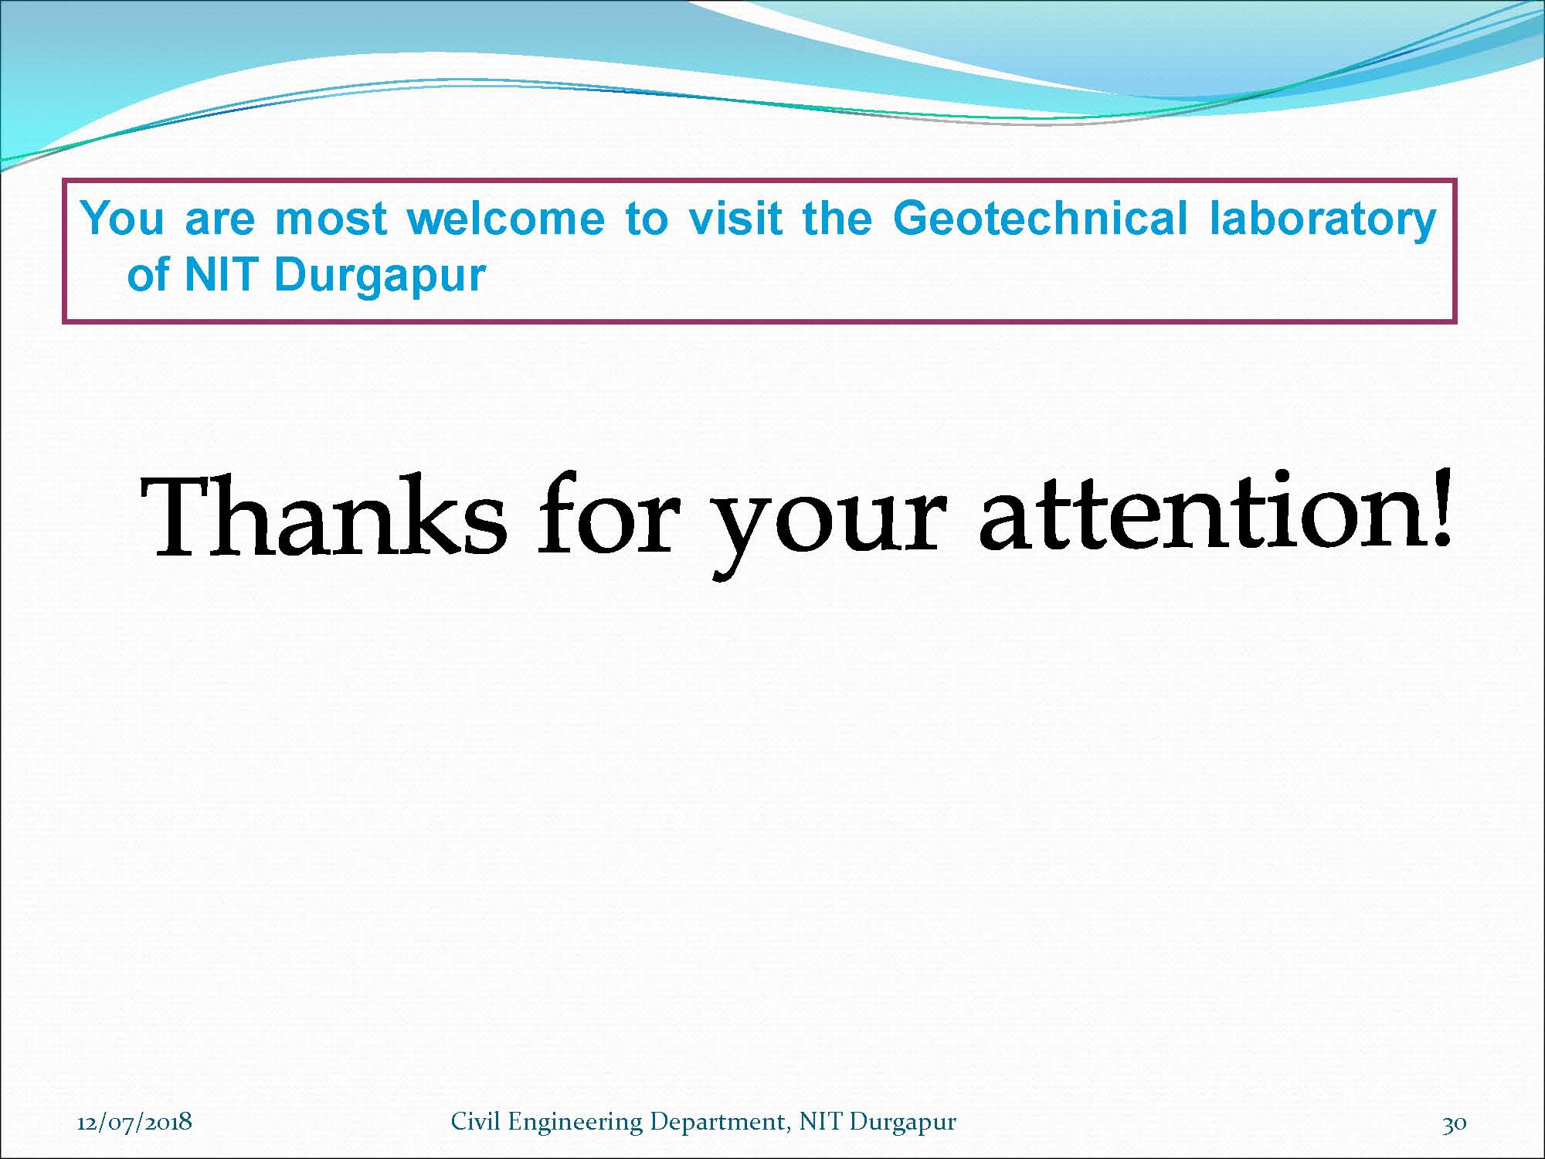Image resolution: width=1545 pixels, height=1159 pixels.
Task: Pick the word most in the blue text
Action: (331, 219)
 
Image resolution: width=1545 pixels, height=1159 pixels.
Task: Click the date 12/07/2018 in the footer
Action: (134, 1121)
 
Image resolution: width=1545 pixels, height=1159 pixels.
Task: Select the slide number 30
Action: (1455, 1123)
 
